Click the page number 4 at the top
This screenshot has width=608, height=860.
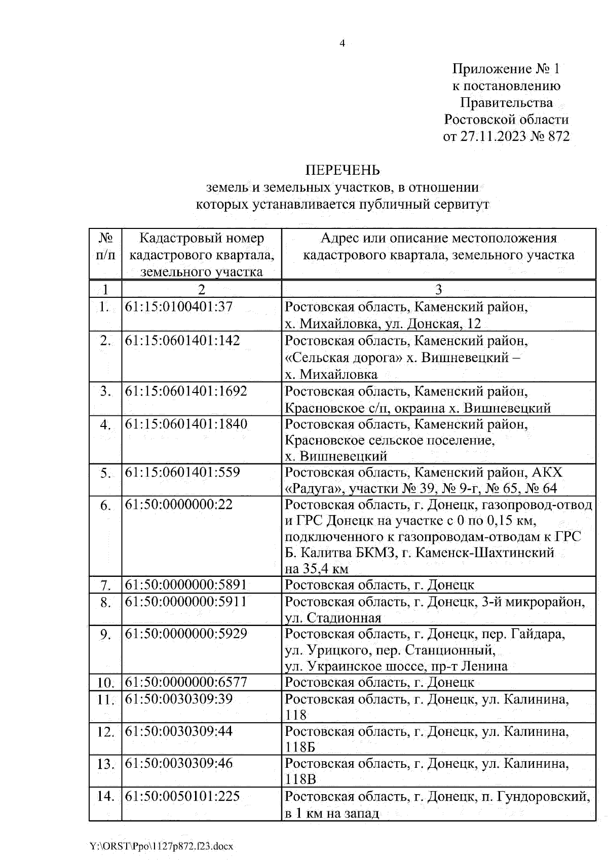coord(342,44)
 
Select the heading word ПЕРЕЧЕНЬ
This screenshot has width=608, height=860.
coord(342,170)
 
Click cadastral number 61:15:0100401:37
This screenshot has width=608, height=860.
coord(178,307)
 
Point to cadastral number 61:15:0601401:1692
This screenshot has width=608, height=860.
coord(186,391)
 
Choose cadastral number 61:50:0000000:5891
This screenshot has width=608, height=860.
coord(186,585)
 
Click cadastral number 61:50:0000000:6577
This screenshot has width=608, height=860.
coord(186,682)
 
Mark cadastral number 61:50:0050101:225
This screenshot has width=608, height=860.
coord(182,796)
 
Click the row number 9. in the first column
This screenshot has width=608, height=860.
coord(105,634)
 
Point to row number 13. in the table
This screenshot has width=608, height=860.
coord(105,764)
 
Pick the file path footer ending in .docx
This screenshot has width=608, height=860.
coord(162,845)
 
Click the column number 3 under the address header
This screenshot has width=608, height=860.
coord(439,289)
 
